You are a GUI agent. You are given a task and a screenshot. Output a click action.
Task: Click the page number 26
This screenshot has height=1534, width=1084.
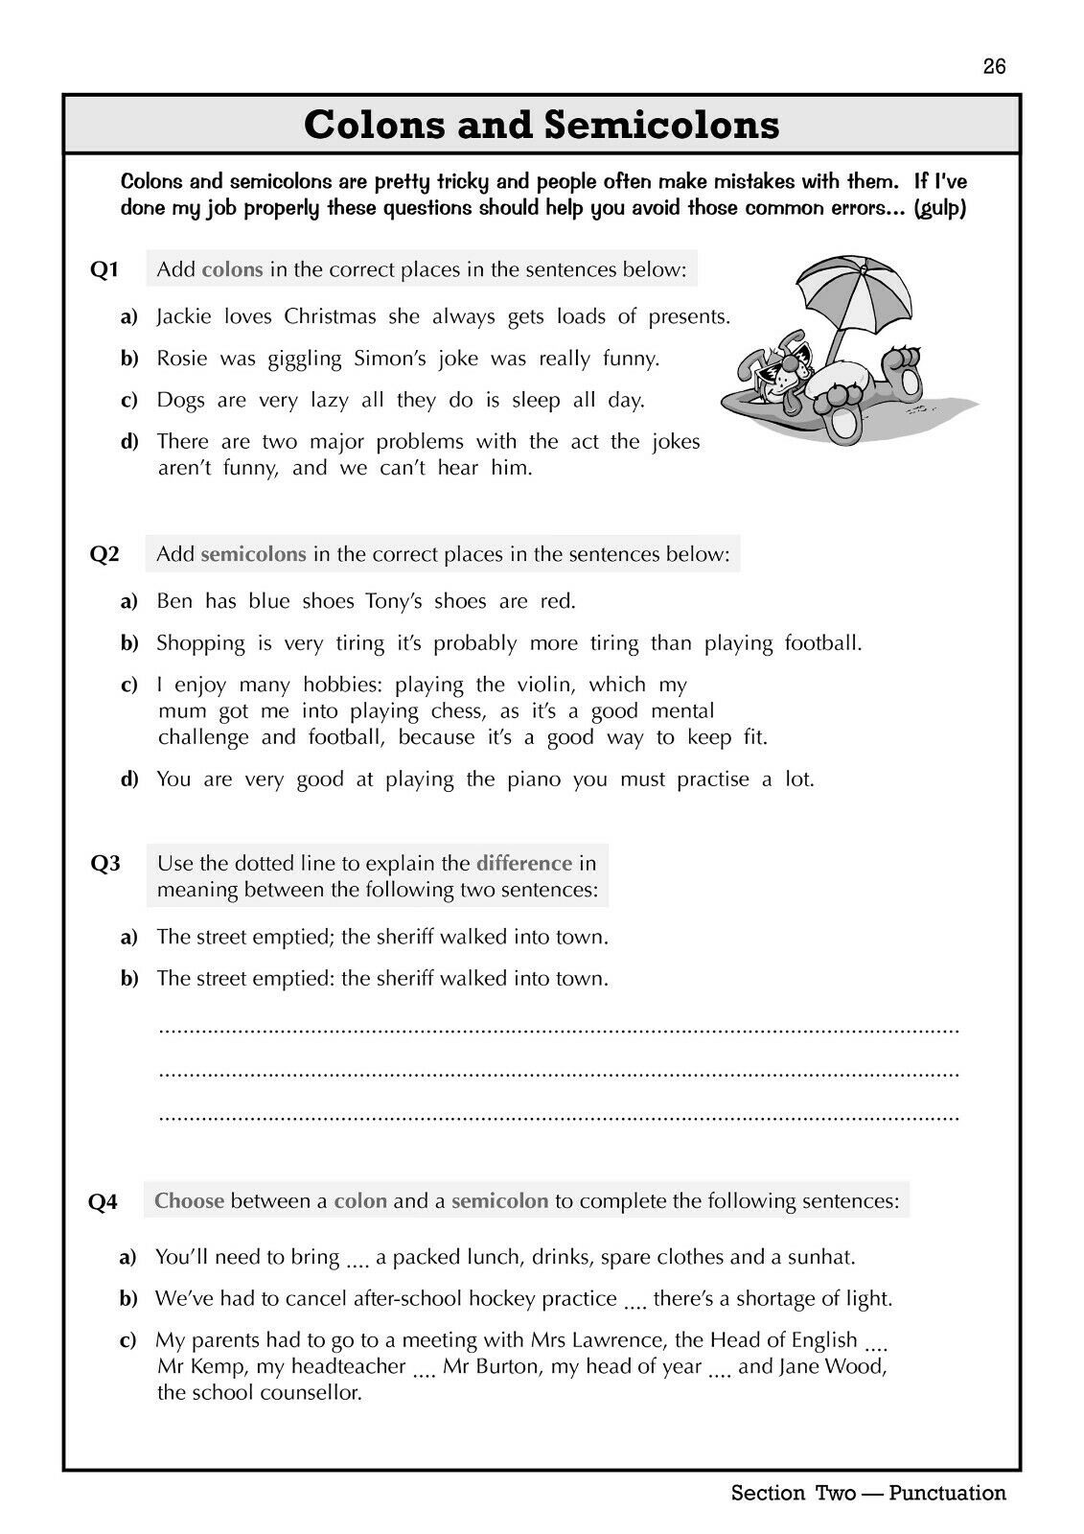click(994, 66)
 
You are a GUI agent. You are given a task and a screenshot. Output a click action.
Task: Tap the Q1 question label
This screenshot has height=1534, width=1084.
click(104, 270)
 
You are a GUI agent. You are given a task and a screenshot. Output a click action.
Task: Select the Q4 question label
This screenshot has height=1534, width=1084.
click(104, 1202)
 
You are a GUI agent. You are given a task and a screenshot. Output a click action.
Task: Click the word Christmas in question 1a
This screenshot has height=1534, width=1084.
click(331, 316)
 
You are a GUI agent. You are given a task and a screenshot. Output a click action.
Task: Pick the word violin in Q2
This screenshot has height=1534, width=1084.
click(545, 685)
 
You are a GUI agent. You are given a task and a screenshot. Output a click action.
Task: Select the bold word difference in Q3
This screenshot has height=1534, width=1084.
click(523, 863)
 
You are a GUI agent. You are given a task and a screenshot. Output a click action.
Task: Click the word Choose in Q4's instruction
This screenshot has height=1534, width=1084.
click(189, 1200)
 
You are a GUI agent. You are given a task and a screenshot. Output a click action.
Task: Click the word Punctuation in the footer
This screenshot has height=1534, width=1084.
click(947, 1493)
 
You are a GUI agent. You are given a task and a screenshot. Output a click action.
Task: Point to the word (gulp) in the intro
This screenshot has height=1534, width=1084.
click(940, 208)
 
